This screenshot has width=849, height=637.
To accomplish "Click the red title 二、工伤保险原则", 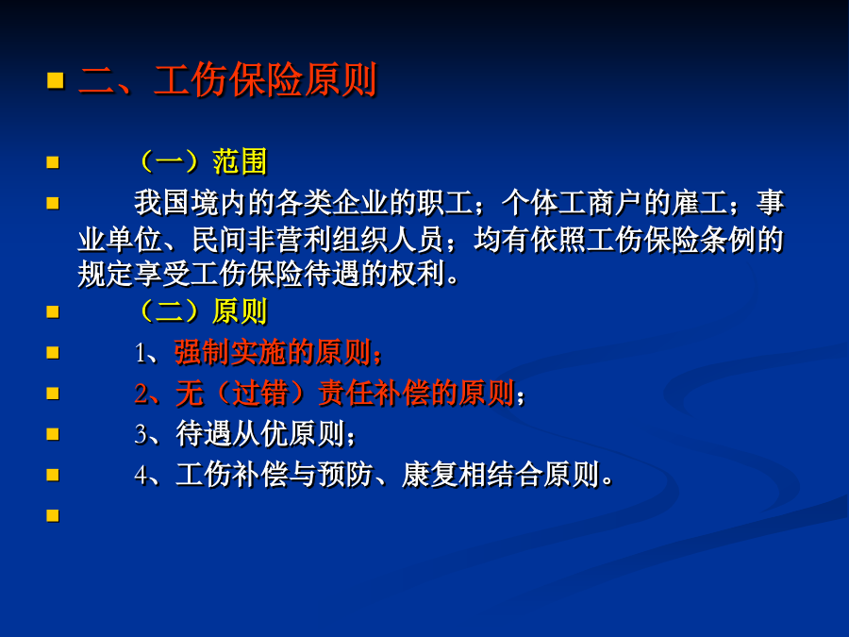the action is [x=227, y=80].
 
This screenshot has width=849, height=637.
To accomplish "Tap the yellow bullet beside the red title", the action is [x=56, y=80].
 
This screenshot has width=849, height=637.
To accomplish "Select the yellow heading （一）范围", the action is [x=202, y=161].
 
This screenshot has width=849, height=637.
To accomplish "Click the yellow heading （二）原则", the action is [x=202, y=311].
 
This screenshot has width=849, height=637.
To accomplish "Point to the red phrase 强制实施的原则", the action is [x=273, y=352].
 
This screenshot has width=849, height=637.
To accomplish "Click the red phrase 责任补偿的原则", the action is [x=416, y=393].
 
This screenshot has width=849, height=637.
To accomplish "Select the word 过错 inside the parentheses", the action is [x=260, y=393].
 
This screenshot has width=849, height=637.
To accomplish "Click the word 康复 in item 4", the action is [x=430, y=475].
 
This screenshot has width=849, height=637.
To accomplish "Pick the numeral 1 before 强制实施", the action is [x=141, y=354].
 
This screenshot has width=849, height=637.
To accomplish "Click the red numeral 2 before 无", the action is [x=141, y=394].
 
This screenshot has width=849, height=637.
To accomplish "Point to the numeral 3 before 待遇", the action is [x=141, y=435].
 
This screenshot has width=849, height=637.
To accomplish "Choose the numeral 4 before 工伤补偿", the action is [x=141, y=476].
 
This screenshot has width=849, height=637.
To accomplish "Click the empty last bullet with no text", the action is [x=53, y=515].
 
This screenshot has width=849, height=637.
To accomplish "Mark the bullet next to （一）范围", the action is [x=53, y=162].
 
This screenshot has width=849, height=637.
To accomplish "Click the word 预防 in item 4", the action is [x=345, y=475].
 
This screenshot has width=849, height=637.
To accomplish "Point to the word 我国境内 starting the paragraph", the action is [x=190, y=203].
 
